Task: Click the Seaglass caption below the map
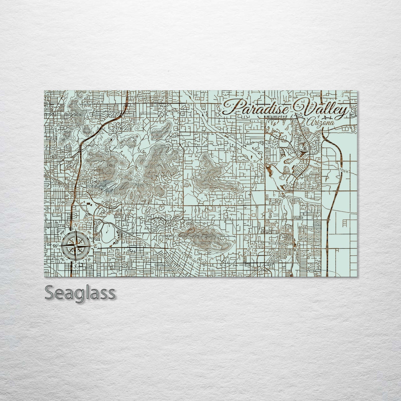point(80,293)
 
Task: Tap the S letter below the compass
point(75,266)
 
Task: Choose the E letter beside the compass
point(95,246)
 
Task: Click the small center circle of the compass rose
point(75,245)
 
